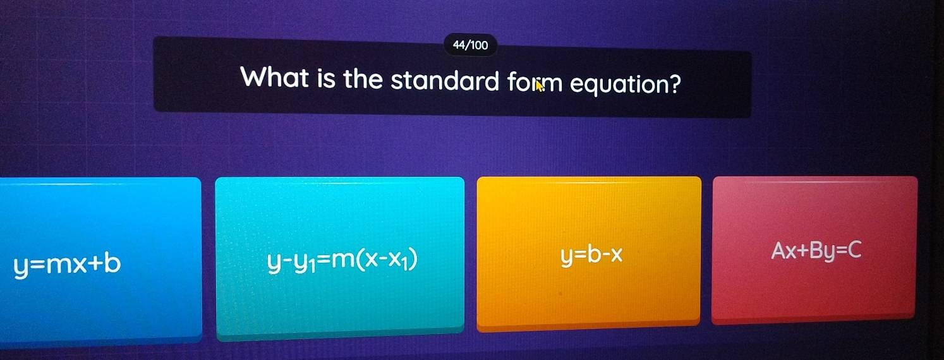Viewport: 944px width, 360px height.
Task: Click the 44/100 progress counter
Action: pyautogui.click(x=470, y=45)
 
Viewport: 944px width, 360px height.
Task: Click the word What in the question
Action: pyautogui.click(x=274, y=78)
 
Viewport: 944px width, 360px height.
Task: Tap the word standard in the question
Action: pyautogui.click(x=445, y=80)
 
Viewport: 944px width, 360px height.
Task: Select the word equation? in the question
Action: pyautogui.click(x=626, y=84)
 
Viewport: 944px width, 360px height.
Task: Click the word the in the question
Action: pyautogui.click(x=363, y=79)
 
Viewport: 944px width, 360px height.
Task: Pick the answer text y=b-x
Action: pyautogui.click(x=591, y=256)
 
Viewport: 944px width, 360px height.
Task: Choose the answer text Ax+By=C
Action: pyautogui.click(x=816, y=251)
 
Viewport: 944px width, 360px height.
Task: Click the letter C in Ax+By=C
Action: pyautogui.click(x=854, y=249)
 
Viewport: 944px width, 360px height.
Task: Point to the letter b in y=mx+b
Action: pyautogui.click(x=112, y=263)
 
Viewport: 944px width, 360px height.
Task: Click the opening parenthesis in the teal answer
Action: pyautogui.click(x=361, y=261)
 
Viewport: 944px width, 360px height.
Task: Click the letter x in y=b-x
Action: pyautogui.click(x=617, y=255)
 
